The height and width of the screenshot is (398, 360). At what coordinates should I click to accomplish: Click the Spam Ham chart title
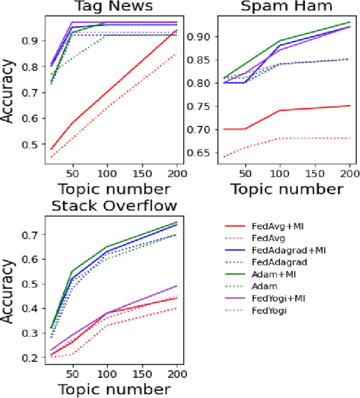click(x=287, y=7)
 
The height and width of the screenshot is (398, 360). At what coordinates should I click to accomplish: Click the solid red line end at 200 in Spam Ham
click(x=349, y=106)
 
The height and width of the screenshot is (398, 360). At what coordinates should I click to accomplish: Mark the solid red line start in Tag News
click(x=51, y=150)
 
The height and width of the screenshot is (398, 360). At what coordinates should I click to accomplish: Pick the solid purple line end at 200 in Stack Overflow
click(x=176, y=286)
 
